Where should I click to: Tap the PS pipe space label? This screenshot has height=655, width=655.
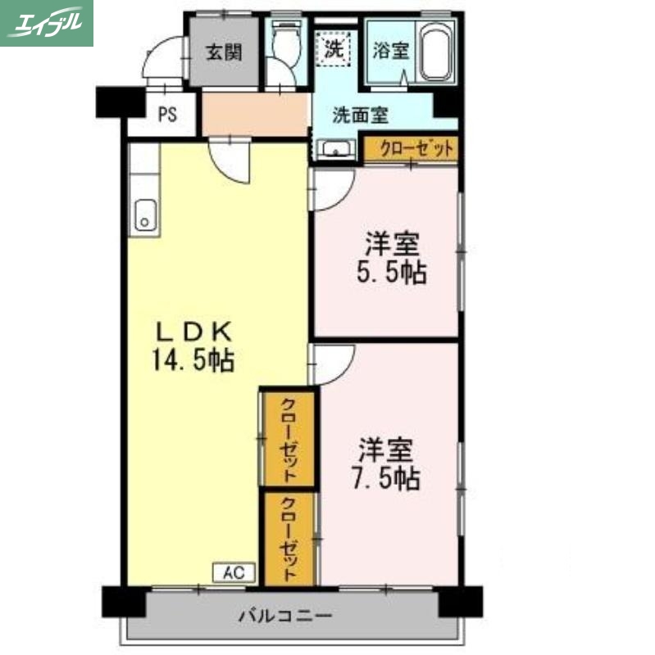(167, 114)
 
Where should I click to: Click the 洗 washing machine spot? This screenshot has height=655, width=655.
(335, 47)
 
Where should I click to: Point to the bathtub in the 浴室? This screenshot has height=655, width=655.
(437, 51)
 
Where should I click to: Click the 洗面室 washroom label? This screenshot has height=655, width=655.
(361, 115)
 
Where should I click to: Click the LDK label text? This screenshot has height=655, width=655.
(196, 332)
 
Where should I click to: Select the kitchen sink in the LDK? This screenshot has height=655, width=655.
(145, 217)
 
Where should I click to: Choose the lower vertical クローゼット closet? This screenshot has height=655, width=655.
(289, 538)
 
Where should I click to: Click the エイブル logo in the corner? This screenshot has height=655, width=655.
(47, 23)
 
